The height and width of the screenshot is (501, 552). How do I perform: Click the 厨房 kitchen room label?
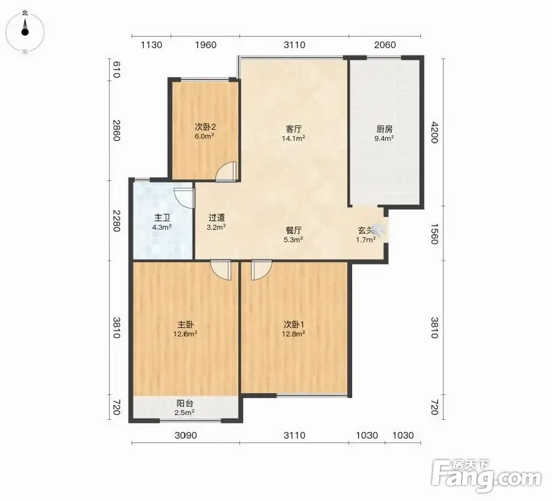[x=384, y=129]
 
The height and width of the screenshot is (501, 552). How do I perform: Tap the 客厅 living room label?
[x=293, y=129]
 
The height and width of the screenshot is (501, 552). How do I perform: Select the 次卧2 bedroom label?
[x=205, y=127]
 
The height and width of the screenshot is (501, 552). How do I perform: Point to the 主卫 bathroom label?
[x=162, y=218]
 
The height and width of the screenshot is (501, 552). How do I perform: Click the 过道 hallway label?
[x=216, y=218]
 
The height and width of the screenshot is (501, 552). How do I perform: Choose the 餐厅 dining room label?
[x=293, y=230]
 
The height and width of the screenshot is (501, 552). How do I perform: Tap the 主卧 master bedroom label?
[x=185, y=324]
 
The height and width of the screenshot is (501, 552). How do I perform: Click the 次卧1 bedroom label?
[x=294, y=324]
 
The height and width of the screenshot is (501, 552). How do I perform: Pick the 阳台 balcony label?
[x=185, y=403]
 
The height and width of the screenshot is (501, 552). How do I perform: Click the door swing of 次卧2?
[x=225, y=171]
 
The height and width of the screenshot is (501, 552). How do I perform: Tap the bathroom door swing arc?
[x=184, y=198]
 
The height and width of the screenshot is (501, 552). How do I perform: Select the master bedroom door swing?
[x=221, y=270]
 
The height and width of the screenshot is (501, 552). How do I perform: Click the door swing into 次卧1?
[x=261, y=270]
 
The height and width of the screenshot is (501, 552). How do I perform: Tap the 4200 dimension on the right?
[x=434, y=132]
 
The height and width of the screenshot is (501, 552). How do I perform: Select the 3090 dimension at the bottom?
[x=186, y=436]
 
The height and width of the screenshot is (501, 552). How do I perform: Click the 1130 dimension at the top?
[x=151, y=45]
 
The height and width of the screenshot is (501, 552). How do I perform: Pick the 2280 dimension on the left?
[x=116, y=221]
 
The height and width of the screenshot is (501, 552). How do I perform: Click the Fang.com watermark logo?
[x=487, y=476]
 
